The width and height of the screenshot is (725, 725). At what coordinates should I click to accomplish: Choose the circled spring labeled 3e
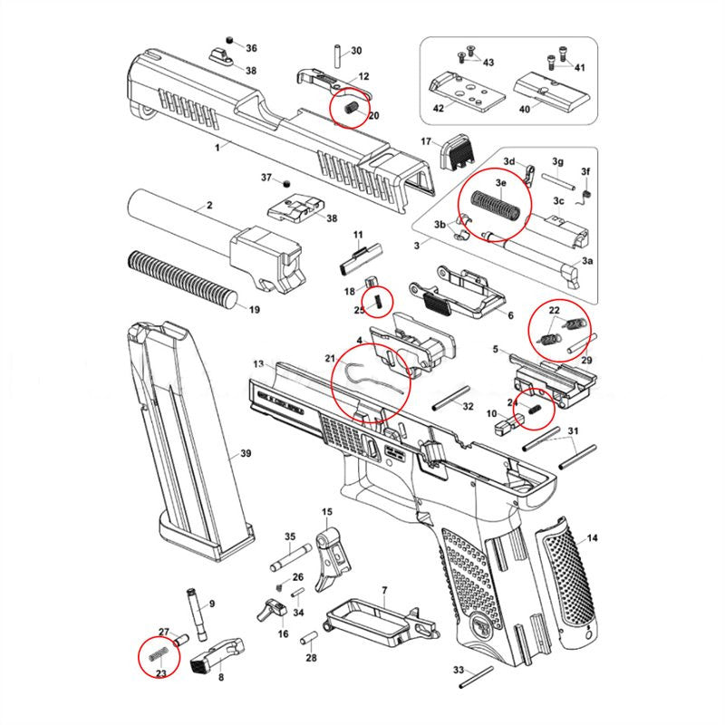click(x=495, y=208)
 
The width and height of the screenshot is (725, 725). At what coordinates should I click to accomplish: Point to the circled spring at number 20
click(x=353, y=109)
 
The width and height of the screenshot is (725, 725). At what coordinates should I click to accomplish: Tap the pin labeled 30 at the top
click(x=337, y=52)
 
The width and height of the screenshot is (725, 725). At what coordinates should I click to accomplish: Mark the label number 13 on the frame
click(x=258, y=364)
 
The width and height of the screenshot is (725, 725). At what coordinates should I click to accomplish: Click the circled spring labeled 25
click(x=377, y=300)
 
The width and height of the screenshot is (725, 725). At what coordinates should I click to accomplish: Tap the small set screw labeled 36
click(x=230, y=41)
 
